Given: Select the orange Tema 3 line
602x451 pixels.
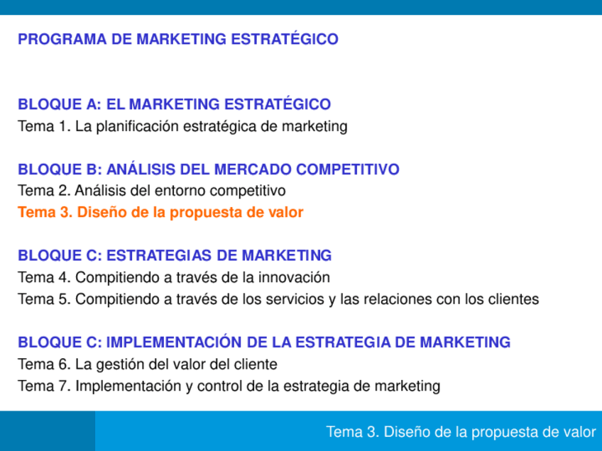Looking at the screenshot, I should pos(160,213).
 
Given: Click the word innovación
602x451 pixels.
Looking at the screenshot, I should pos(297,278).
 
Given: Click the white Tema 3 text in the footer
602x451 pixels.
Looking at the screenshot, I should pos(461,432).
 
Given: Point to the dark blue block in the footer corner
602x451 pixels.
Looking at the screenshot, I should pos(47,431).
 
